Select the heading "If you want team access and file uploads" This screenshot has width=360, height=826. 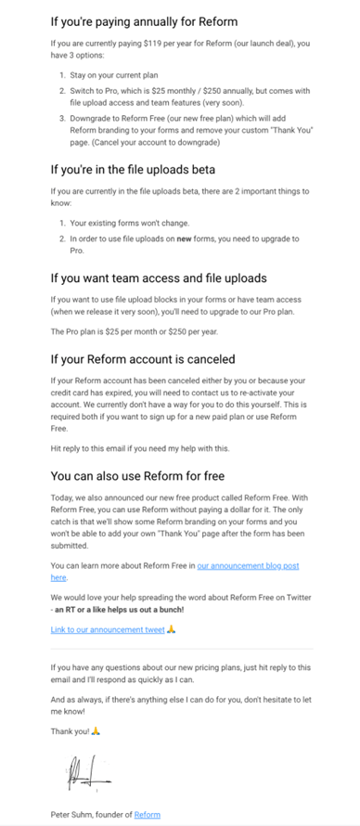coord(158,277)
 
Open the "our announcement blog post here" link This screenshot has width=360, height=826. coord(249,565)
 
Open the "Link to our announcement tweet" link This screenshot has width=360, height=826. coord(108,629)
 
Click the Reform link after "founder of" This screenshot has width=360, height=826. coord(147,815)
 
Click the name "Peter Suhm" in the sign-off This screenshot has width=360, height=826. coord(73,815)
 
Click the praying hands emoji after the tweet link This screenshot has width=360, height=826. coord(172,629)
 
